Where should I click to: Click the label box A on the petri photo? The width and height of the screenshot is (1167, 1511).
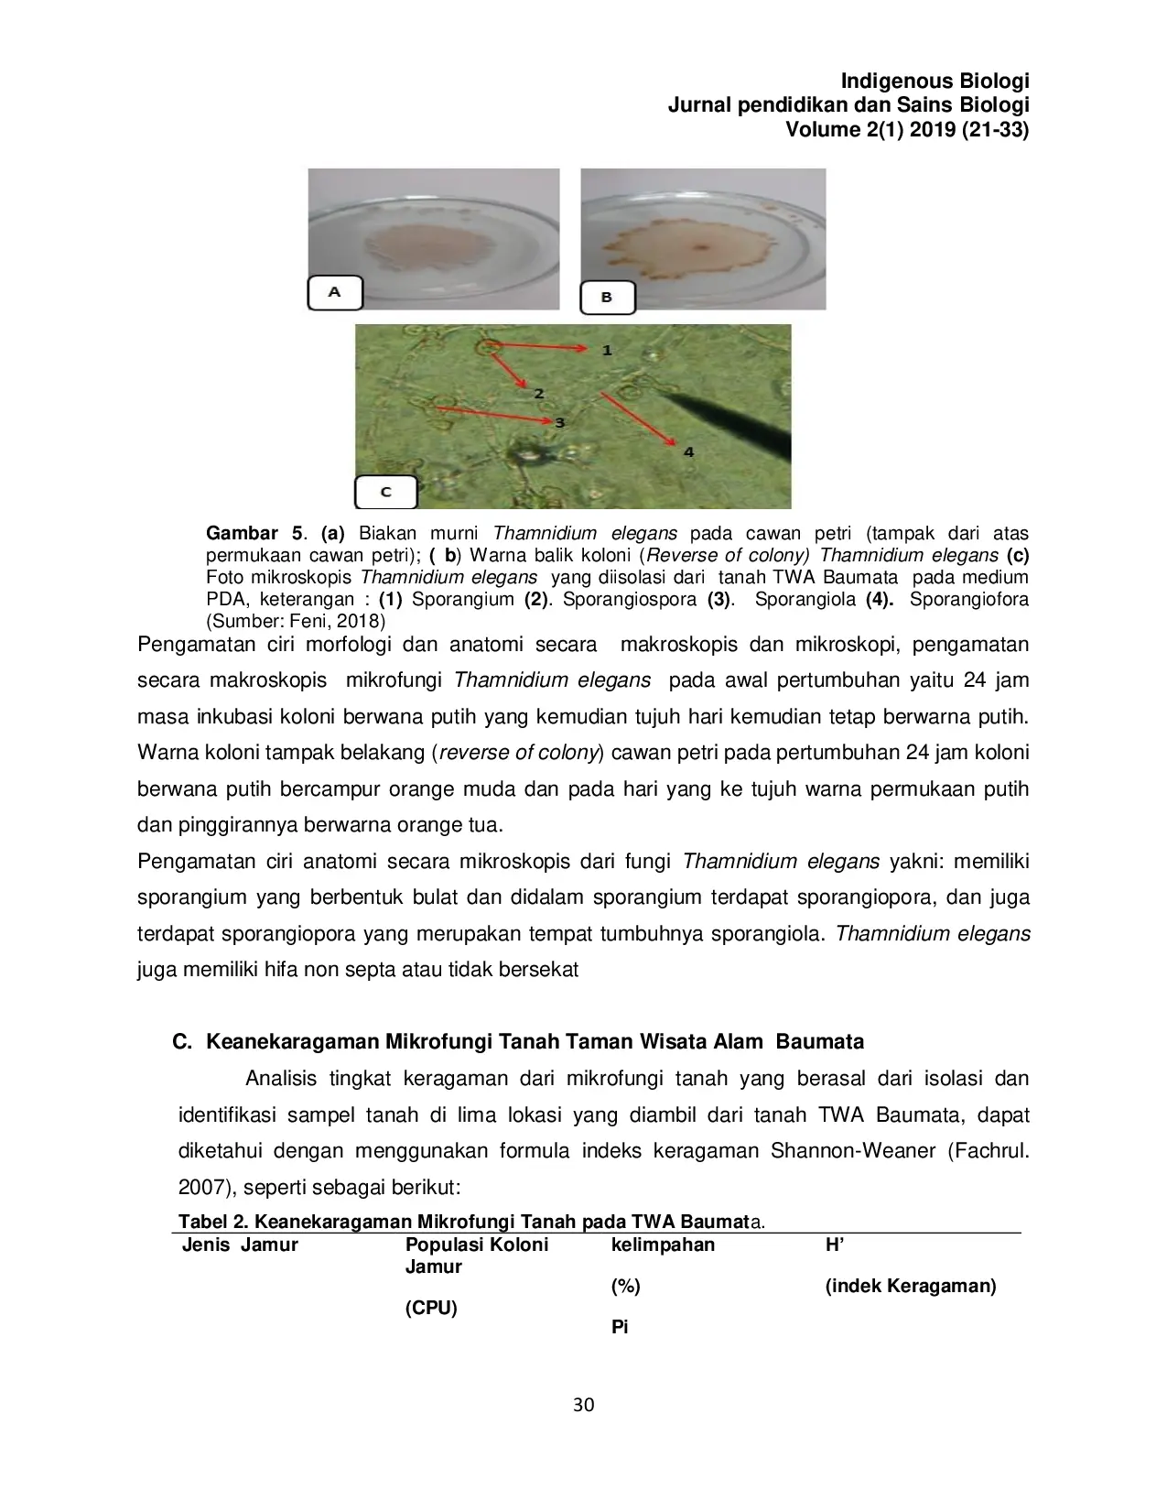click(335, 292)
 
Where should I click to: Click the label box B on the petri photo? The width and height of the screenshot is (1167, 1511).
click(607, 298)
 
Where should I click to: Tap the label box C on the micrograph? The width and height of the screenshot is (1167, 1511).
click(386, 492)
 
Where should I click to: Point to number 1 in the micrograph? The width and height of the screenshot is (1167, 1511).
click(607, 351)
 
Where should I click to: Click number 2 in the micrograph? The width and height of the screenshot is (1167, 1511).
click(539, 393)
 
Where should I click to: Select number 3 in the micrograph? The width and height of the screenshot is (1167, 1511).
click(559, 422)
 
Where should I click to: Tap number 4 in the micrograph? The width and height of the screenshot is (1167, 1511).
click(688, 451)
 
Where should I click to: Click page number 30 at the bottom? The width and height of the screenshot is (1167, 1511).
click(583, 1405)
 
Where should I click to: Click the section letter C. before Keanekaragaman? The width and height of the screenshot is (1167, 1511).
click(182, 1042)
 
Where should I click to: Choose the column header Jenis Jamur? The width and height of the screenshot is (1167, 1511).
click(240, 1245)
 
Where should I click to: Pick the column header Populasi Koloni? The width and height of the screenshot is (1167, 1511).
click(477, 1245)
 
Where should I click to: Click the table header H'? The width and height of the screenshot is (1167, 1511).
click(834, 1245)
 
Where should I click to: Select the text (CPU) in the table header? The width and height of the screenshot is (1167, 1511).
click(430, 1308)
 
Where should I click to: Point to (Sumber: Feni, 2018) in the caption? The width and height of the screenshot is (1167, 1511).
click(296, 621)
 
